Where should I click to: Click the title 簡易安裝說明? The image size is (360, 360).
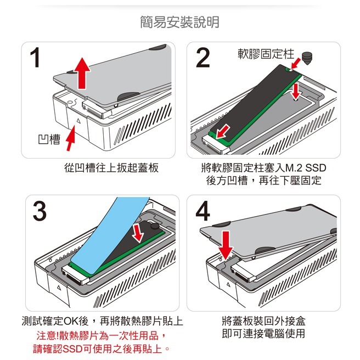point(179,22)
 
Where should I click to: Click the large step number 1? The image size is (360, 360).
point(37,58)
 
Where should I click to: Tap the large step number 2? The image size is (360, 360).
point(203,58)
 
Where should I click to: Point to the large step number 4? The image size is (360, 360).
point(203,211)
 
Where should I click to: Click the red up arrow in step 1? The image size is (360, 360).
point(81,74)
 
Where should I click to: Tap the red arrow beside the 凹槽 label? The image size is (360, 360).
point(70,138)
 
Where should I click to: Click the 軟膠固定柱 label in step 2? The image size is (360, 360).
point(266,54)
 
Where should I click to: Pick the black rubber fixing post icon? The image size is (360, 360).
point(306,56)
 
